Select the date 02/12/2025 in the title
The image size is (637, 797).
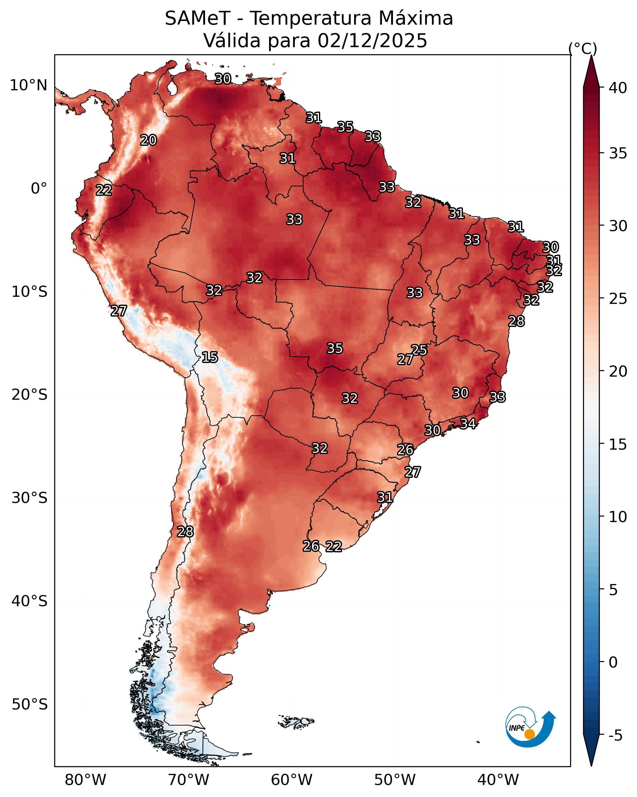coord(372,41)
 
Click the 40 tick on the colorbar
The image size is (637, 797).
coord(618,88)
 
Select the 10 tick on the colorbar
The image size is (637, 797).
coord(618,517)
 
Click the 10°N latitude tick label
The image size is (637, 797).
coord(28,85)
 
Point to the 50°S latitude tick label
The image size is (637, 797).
coord(30,705)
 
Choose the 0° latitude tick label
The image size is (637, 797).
coord(39,189)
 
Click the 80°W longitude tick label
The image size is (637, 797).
coord(85,780)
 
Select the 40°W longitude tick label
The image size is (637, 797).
coord(498,780)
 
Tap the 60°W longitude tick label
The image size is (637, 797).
coord(292,780)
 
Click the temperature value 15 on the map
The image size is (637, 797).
coord(210,357)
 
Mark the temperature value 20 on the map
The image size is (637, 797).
coord(148,140)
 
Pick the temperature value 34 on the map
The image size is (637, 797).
coord(468,423)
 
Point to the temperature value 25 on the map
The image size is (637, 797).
coord(419,350)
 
